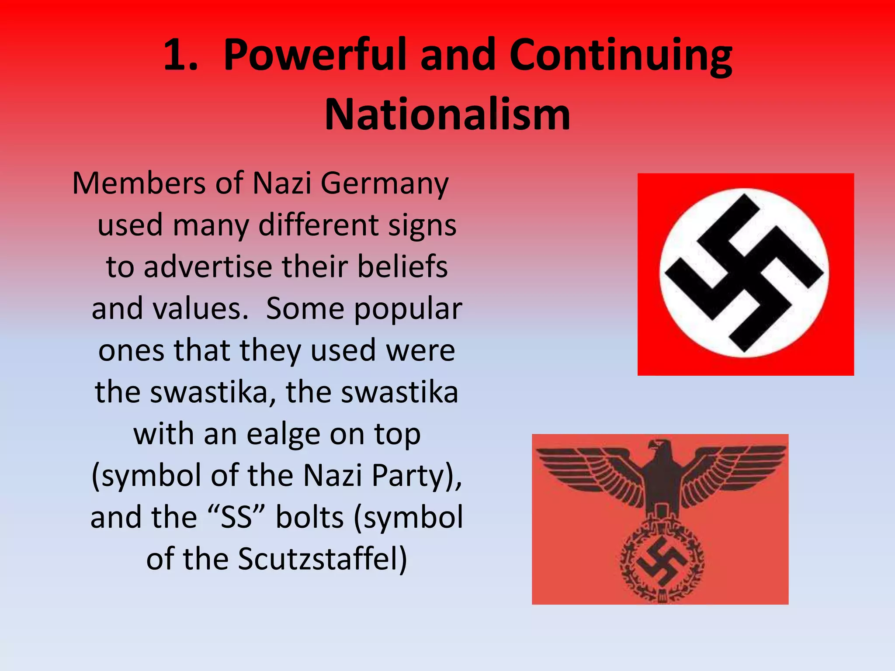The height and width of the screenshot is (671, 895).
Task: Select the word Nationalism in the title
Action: (447, 114)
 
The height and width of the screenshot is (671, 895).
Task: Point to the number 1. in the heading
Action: (180, 55)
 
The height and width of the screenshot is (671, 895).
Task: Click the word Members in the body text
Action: (139, 183)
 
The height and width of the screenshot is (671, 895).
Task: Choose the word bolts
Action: (310, 517)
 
